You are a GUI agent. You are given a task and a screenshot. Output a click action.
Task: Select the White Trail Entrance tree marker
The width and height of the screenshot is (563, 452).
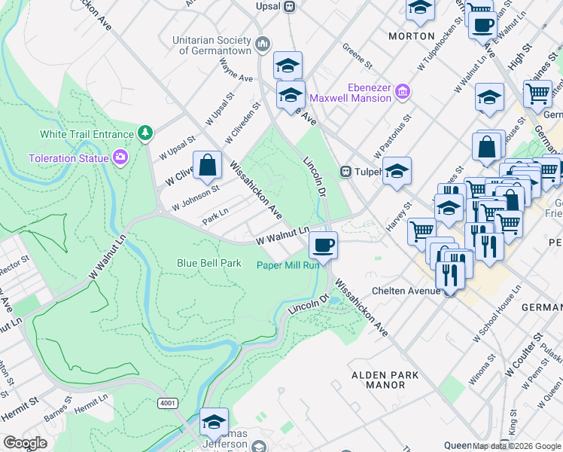[145, 134]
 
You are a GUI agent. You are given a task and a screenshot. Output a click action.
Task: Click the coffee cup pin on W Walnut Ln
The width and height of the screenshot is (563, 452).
[323, 245]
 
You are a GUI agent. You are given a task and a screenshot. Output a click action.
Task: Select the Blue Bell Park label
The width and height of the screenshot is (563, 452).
[208, 263]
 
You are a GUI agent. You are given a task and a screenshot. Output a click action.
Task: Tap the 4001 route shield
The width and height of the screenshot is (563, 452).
[167, 403]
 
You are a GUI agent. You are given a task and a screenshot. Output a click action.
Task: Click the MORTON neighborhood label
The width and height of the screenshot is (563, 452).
[411, 35]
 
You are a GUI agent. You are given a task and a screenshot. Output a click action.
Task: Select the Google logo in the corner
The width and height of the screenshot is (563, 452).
[25, 443]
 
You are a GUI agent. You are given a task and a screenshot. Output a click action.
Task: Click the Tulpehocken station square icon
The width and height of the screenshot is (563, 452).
[347, 171]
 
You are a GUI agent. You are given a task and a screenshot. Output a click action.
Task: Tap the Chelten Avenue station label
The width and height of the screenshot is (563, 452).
[405, 291]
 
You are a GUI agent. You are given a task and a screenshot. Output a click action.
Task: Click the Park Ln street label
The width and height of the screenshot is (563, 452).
[215, 217]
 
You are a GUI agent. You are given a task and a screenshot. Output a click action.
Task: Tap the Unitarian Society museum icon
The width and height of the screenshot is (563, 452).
[263, 44]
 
